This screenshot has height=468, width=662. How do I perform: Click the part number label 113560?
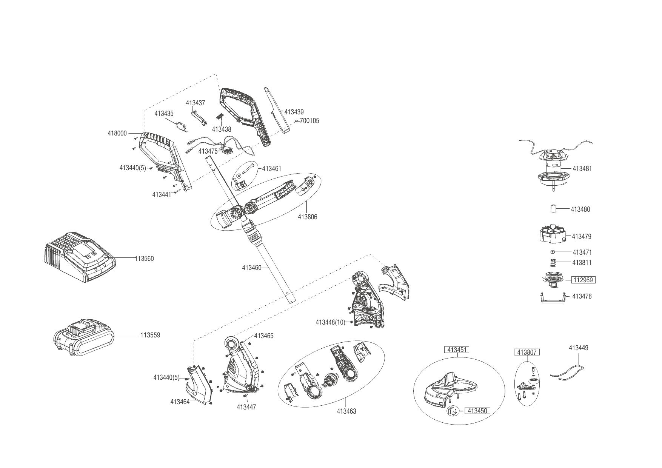click(145, 259)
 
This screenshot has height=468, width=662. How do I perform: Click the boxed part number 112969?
click(584, 280)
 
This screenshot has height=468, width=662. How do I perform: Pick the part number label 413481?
click(582, 169)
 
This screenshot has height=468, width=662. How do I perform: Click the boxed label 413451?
click(457, 350)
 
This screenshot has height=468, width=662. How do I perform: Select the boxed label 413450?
click(477, 411)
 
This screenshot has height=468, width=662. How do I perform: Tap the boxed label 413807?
click(527, 352)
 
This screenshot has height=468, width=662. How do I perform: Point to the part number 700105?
click(309, 121)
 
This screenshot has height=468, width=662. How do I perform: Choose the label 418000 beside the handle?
click(117, 133)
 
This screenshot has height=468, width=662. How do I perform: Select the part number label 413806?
click(307, 217)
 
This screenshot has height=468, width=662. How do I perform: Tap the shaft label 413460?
click(252, 268)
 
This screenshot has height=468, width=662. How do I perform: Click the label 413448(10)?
click(330, 322)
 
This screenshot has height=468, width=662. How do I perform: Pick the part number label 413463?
click(346, 411)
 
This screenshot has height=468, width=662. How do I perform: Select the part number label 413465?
click(264, 336)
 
